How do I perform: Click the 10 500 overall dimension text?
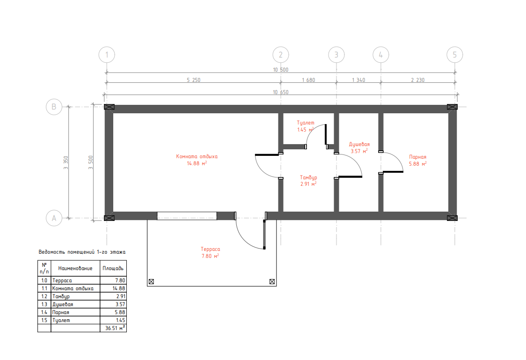(280, 70)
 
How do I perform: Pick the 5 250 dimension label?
(194, 80)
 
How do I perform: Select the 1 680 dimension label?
(308, 80)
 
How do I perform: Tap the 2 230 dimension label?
(417, 80)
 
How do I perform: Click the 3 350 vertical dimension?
(66, 162)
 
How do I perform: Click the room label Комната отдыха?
(197, 156)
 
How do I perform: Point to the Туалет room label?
(306, 123)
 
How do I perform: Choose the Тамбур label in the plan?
(308, 177)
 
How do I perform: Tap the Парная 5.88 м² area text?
(417, 164)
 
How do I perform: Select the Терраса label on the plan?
(210, 249)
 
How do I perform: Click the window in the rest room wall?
(187, 216)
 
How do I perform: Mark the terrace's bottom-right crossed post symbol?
(272, 281)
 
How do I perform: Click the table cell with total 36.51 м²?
(113, 328)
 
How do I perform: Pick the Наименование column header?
(75, 268)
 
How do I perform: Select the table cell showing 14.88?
(113, 288)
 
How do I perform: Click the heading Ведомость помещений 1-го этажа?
(82, 252)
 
